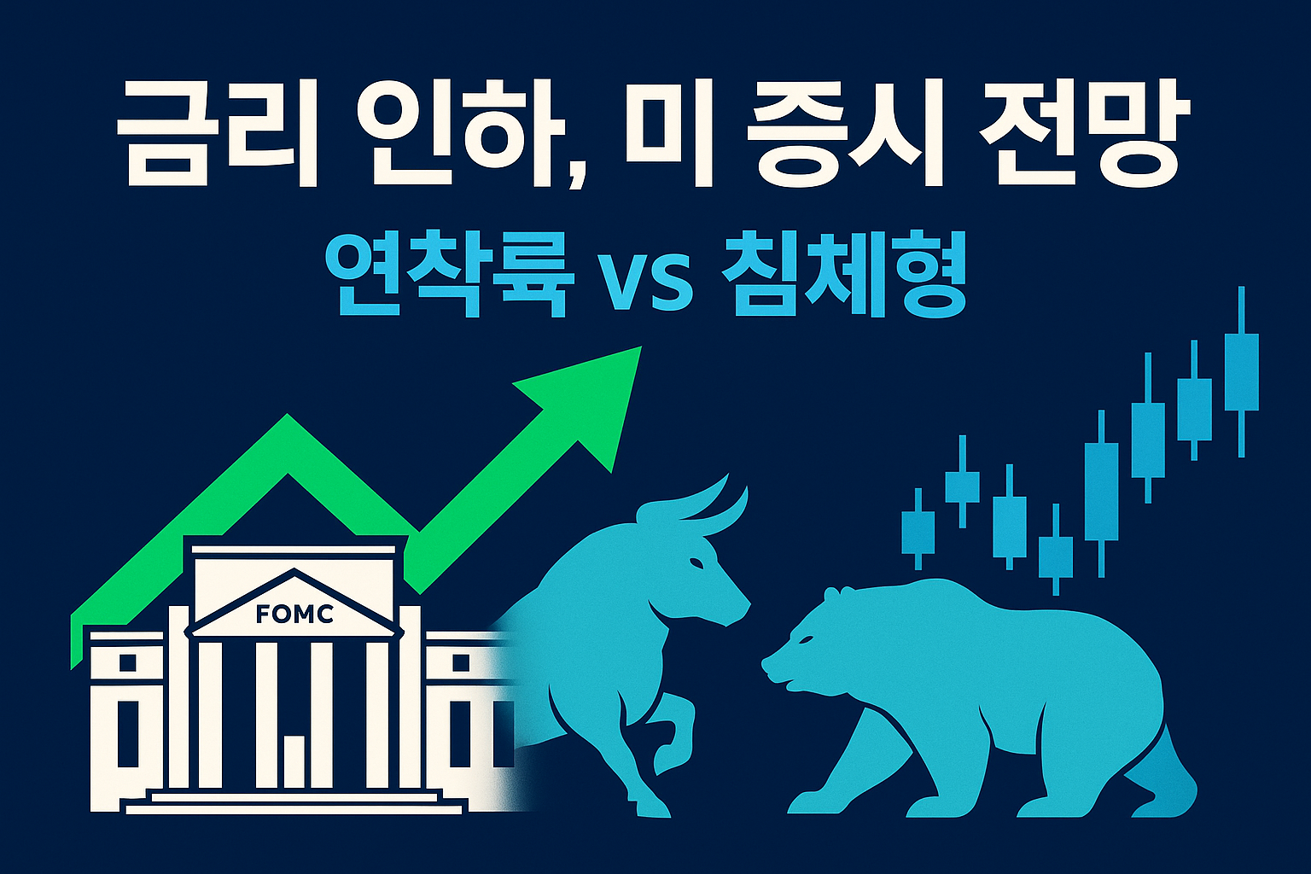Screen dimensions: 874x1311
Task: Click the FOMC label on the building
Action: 294,614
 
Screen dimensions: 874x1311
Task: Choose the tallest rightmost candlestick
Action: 1241,372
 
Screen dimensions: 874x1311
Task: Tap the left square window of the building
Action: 127,662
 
